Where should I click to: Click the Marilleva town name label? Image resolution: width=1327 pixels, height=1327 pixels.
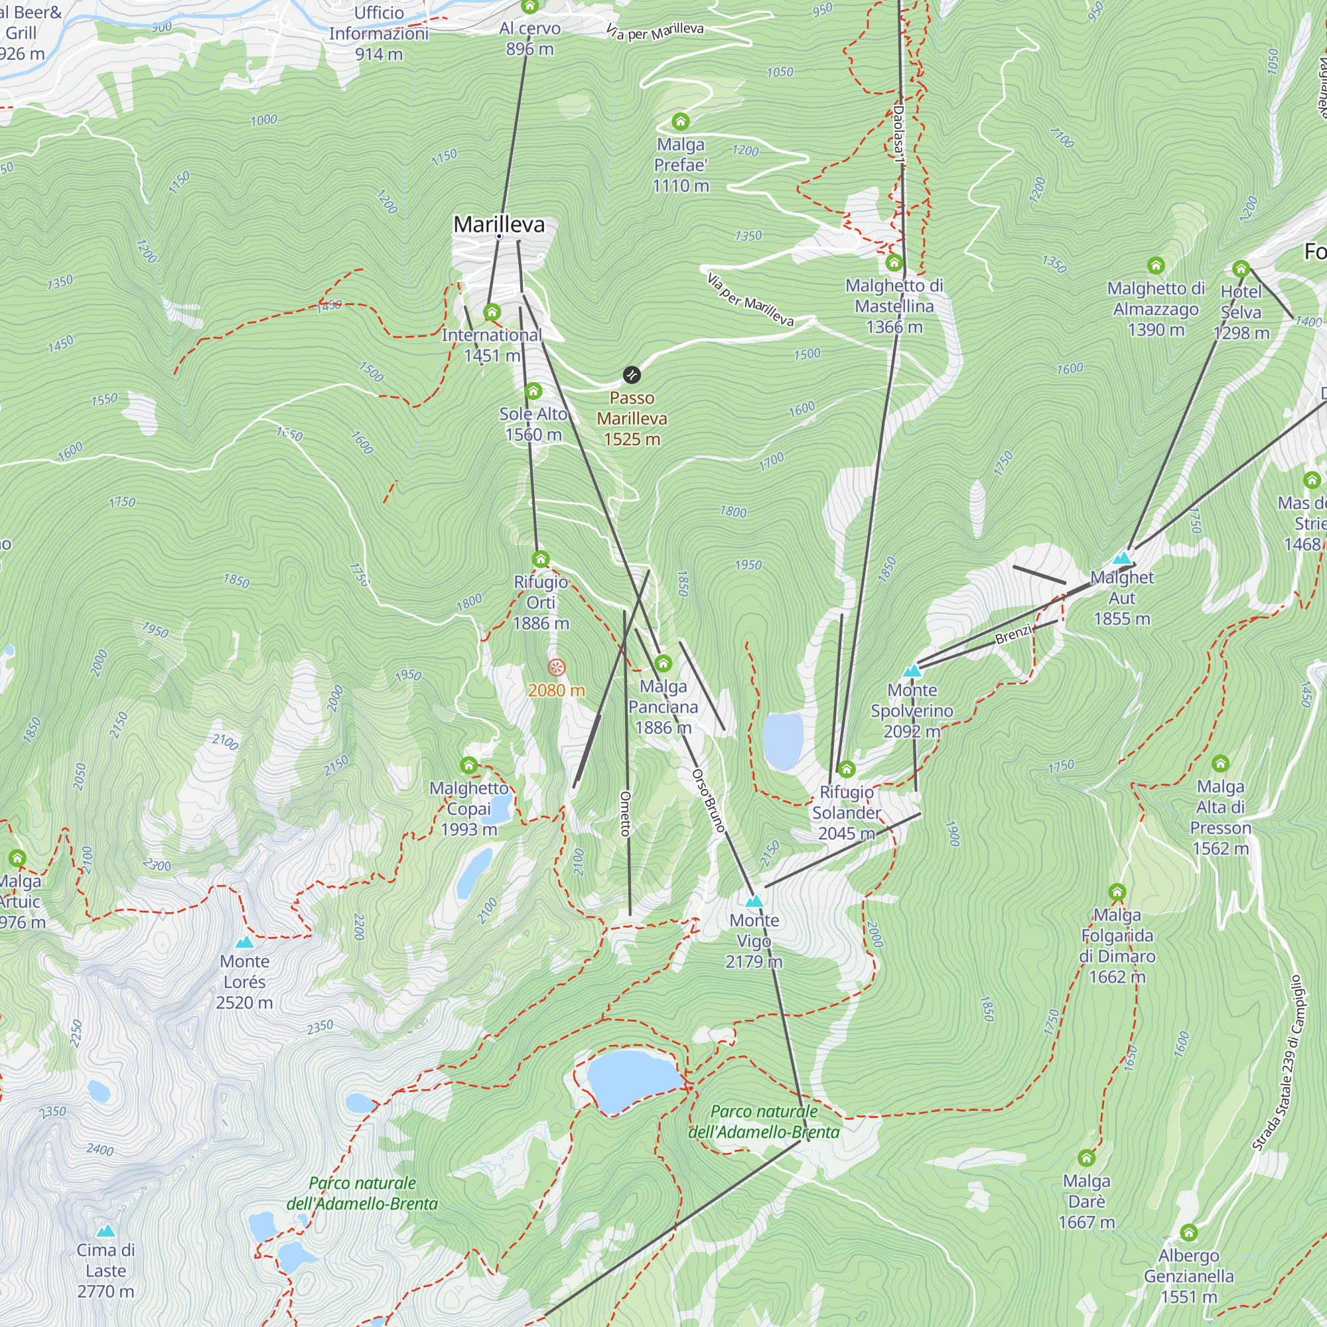tap(499, 225)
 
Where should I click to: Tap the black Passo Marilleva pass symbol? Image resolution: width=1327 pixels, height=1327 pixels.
tap(631, 375)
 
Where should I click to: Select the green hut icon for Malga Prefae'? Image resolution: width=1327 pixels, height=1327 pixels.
tap(680, 122)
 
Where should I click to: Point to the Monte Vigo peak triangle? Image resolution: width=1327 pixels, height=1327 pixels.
tap(754, 900)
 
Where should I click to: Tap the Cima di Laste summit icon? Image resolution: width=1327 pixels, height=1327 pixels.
tap(105, 1230)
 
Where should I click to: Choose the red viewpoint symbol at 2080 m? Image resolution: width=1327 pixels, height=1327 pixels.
tap(557, 667)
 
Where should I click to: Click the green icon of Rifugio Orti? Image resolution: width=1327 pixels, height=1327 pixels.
tap(541, 559)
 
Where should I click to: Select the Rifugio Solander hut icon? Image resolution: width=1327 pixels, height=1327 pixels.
tap(846, 769)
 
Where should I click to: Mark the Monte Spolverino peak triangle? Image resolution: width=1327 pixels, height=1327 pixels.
tap(912, 670)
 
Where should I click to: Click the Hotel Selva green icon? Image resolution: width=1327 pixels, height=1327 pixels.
tap(1241, 269)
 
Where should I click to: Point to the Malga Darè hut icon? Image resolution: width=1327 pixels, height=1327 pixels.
tap(1086, 1158)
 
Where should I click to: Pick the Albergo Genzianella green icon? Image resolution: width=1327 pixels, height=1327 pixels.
tap(1189, 1232)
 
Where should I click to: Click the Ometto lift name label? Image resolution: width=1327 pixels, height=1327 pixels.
tap(625, 814)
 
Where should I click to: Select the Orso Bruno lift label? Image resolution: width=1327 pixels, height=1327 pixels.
tap(708, 800)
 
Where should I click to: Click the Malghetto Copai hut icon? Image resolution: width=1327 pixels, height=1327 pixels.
tap(468, 765)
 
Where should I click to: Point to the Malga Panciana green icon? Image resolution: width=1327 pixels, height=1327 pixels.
tap(663, 663)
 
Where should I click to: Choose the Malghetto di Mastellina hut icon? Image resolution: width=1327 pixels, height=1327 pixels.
tap(894, 262)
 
